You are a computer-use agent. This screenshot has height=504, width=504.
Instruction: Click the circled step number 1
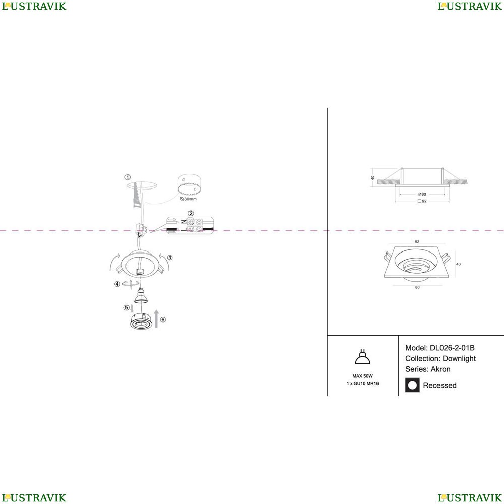click(x=128, y=177)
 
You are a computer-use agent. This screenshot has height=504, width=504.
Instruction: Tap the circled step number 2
click(x=191, y=213)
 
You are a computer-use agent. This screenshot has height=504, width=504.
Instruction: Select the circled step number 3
click(x=170, y=258)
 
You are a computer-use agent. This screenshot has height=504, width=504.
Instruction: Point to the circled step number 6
click(x=163, y=319)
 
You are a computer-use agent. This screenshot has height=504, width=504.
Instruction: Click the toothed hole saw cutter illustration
click(x=190, y=185)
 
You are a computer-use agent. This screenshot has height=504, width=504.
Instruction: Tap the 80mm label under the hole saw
click(x=188, y=199)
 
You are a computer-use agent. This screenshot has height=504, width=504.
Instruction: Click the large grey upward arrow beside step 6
click(x=156, y=319)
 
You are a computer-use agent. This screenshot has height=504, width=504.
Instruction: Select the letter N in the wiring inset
click(x=184, y=222)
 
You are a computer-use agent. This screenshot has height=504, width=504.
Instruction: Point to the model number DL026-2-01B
click(x=452, y=348)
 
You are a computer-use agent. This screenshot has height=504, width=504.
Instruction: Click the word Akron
click(x=440, y=369)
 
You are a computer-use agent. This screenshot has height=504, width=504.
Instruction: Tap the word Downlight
click(x=459, y=359)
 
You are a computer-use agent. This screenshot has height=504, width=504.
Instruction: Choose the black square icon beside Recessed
click(x=412, y=385)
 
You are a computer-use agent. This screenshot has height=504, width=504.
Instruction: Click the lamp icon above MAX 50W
click(x=362, y=357)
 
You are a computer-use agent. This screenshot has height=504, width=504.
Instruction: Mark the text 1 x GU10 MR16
click(x=362, y=383)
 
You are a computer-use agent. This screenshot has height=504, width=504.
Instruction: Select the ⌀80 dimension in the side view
click(x=422, y=194)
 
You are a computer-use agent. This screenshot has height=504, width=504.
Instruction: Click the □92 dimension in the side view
click(x=422, y=201)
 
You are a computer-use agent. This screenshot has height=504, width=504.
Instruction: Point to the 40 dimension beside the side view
click(x=373, y=178)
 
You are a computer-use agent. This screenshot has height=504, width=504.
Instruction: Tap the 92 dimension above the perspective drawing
click(x=417, y=242)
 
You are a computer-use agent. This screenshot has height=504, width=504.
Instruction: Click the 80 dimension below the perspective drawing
click(x=417, y=287)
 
